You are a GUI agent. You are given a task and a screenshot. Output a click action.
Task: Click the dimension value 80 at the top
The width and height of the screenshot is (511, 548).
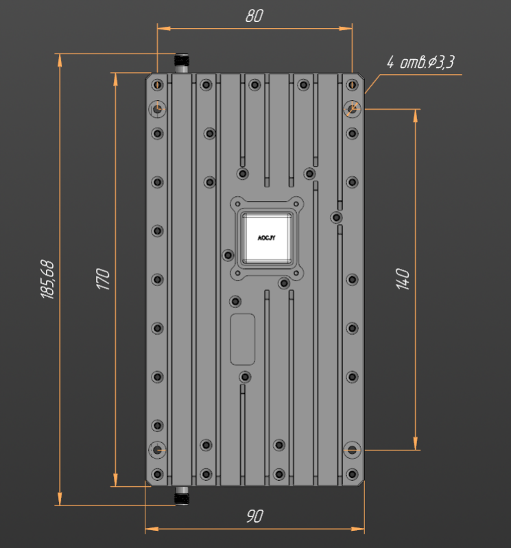pos(254,16)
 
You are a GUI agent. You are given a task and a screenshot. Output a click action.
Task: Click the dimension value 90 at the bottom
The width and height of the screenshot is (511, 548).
pos(254,516)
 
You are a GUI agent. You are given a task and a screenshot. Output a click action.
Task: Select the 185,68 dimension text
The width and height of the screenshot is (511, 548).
pos(48,279)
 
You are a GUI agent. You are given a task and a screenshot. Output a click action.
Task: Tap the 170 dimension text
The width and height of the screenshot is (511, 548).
pos(103,279)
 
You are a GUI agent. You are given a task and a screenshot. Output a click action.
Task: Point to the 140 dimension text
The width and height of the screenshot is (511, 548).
pos(403,279)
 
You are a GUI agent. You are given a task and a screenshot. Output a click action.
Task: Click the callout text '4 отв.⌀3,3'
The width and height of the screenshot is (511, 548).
pos(420,62)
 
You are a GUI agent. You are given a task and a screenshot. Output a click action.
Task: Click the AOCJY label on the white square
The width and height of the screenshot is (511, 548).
pos(266,238)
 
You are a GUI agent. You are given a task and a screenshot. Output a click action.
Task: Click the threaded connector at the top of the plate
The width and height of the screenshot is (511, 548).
pos(181,63)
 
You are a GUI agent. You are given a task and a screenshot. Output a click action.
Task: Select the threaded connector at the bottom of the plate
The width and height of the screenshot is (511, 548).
pos(181,496)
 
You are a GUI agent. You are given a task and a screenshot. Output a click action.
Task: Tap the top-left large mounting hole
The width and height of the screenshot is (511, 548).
pos(157,109)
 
